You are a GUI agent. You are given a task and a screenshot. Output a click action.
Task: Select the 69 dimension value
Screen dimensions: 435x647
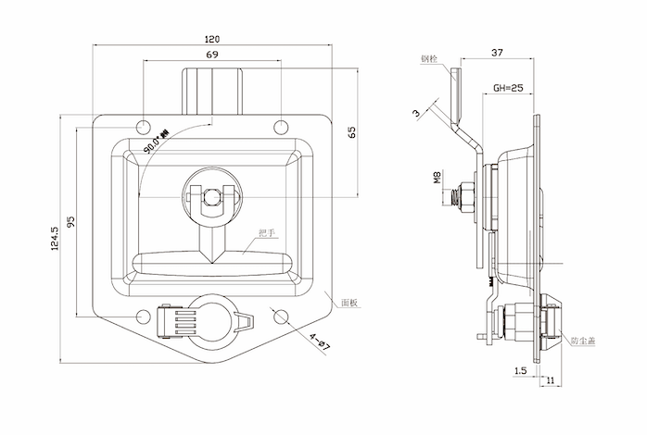click(x=212, y=56)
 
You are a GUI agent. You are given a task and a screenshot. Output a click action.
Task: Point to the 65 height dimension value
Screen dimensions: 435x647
click(x=352, y=131)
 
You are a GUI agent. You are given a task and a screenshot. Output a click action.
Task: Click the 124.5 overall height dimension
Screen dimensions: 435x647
click(x=55, y=238)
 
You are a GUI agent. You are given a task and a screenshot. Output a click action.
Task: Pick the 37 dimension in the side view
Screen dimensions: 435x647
click(x=498, y=53)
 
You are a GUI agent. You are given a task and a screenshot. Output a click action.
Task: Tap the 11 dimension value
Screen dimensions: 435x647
click(x=551, y=380)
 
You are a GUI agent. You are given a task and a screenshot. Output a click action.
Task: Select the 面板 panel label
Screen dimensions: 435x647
click(x=349, y=302)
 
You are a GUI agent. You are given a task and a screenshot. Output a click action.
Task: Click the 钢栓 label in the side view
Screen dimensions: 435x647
click(x=427, y=59)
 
